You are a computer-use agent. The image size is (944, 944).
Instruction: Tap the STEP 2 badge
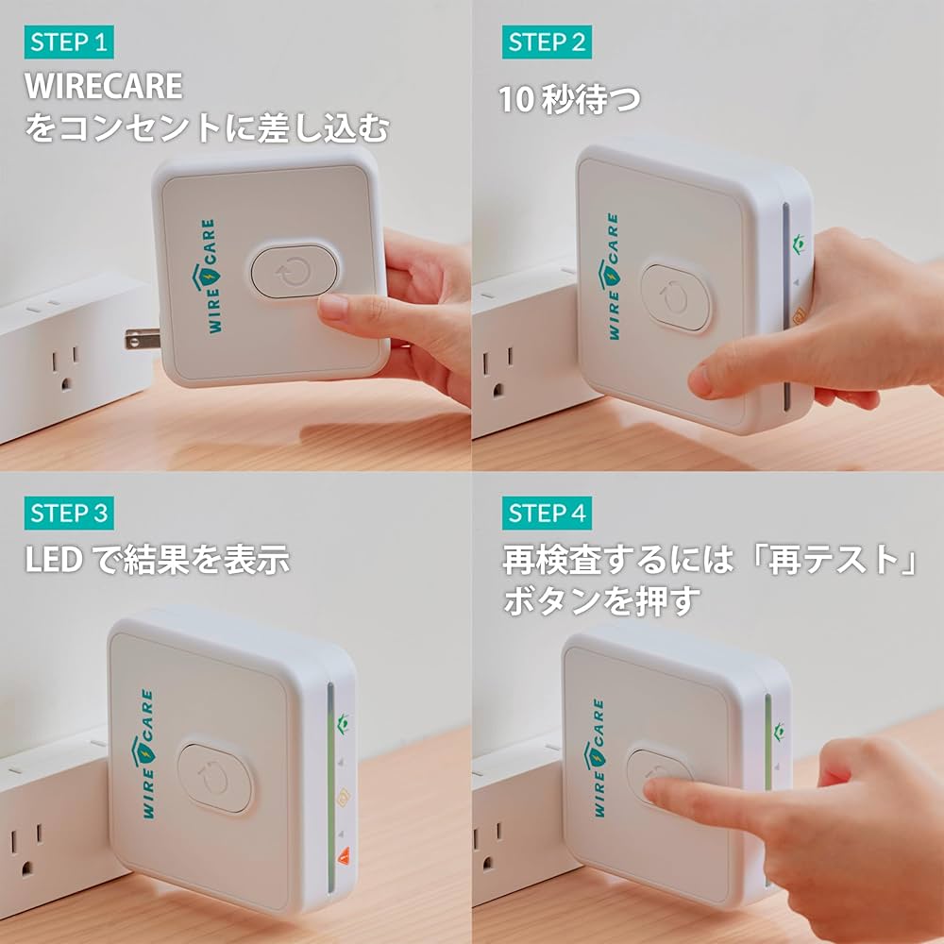point(548,42)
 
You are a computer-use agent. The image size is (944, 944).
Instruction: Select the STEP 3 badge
point(70,514)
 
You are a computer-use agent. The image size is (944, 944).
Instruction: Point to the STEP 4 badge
point(548,514)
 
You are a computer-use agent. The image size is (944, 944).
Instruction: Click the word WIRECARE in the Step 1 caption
point(104,87)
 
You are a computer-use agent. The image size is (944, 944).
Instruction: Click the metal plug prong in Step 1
point(140,338)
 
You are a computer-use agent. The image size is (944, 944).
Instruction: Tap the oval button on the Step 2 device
point(676,297)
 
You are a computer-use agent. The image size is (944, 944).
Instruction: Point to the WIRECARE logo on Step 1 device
point(199,277)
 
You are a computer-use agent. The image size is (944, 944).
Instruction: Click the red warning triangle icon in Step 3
point(344,857)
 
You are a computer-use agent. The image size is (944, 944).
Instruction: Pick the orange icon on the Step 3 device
point(344,799)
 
